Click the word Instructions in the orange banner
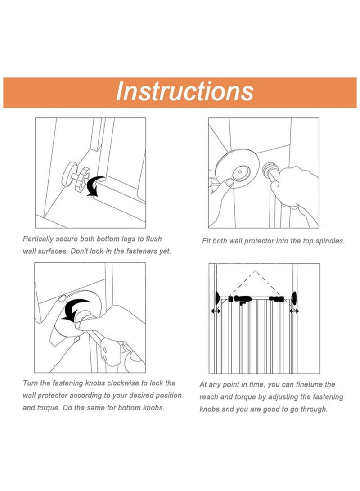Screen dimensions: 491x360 184,91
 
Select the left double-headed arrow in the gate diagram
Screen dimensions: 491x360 216,311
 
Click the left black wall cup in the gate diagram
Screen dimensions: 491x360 217,298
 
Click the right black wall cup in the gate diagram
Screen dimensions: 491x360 295,298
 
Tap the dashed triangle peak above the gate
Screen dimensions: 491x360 256,271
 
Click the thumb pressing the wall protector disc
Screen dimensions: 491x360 230,182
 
